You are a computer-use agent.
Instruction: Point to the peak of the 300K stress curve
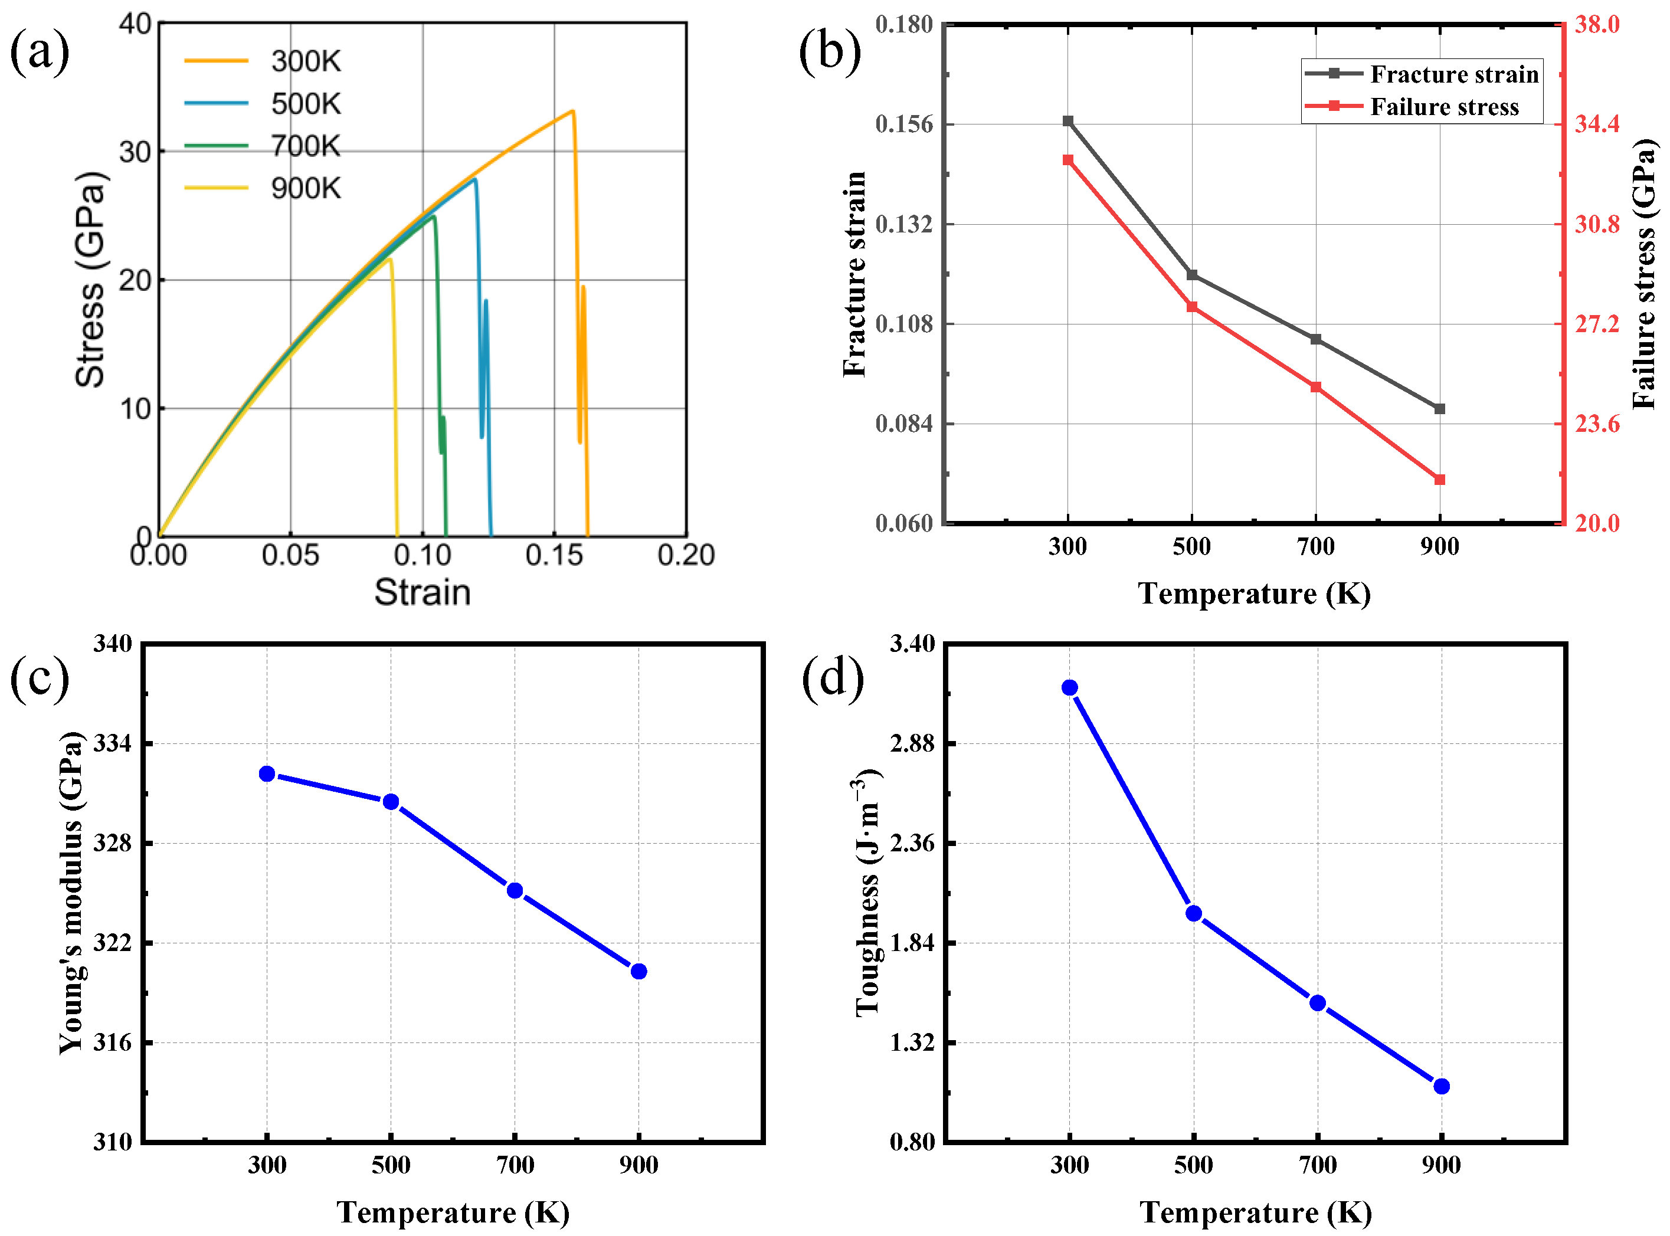click(572, 112)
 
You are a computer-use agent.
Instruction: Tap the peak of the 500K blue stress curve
click(474, 179)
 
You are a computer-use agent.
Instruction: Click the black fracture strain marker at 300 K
click(1068, 121)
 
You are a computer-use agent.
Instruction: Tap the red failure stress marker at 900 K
click(1439, 480)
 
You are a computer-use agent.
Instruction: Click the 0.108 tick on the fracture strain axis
click(905, 324)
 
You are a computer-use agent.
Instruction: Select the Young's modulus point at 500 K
click(391, 802)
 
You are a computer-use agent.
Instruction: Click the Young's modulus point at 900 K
click(638, 971)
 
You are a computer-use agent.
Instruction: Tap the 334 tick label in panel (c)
click(112, 744)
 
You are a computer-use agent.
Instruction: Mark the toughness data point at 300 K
click(1070, 687)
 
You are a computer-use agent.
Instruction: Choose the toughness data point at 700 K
click(1318, 1002)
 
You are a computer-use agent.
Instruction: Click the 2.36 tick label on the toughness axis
click(912, 843)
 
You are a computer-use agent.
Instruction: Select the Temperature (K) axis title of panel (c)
click(453, 1211)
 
